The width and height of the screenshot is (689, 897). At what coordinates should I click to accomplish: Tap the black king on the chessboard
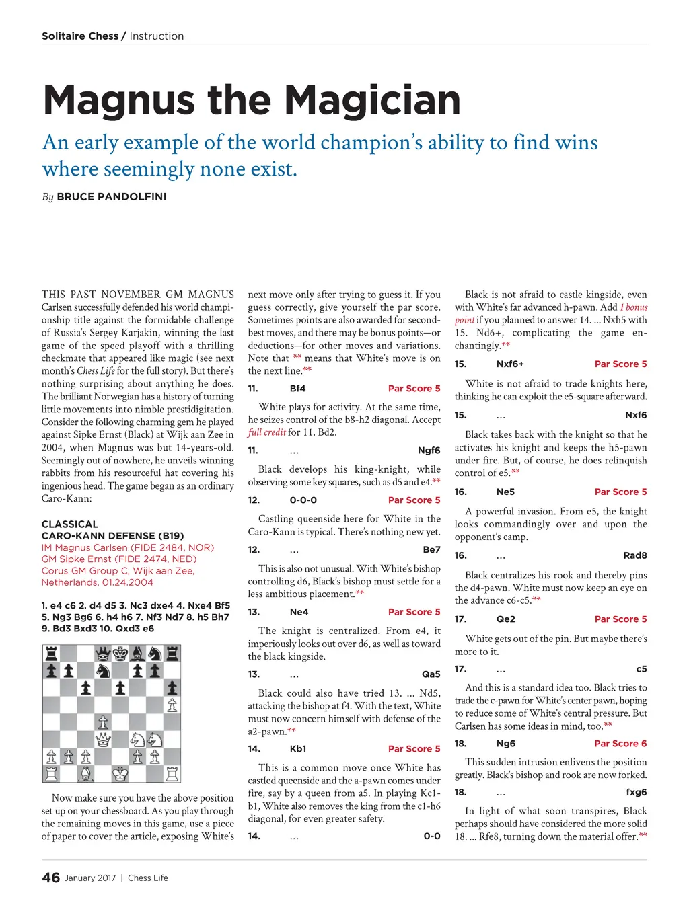click(120, 653)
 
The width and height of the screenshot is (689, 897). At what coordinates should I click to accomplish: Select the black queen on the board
click(103, 653)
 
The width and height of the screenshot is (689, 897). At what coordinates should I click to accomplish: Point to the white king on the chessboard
click(120, 774)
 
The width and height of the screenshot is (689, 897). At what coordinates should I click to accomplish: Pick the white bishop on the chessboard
click(85, 774)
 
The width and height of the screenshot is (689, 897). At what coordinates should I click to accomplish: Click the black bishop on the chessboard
click(138, 653)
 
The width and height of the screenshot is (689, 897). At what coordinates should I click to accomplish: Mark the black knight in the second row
click(103, 670)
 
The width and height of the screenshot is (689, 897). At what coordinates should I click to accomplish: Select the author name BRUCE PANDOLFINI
click(111, 197)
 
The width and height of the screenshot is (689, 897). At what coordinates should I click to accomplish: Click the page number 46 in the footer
click(50, 877)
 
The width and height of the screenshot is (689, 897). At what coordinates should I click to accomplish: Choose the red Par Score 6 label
click(620, 744)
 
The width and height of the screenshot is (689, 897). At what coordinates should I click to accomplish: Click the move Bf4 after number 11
click(297, 389)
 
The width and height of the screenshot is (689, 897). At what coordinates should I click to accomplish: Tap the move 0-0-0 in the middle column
click(303, 500)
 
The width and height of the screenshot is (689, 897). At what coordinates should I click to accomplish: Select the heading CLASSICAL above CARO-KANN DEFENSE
click(70, 524)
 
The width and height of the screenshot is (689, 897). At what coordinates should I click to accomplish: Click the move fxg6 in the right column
click(636, 792)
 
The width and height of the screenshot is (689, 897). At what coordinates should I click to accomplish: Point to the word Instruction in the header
click(156, 36)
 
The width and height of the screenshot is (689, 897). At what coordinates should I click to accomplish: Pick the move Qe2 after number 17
click(505, 619)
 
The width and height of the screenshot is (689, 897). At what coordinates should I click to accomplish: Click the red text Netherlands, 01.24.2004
click(97, 582)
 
